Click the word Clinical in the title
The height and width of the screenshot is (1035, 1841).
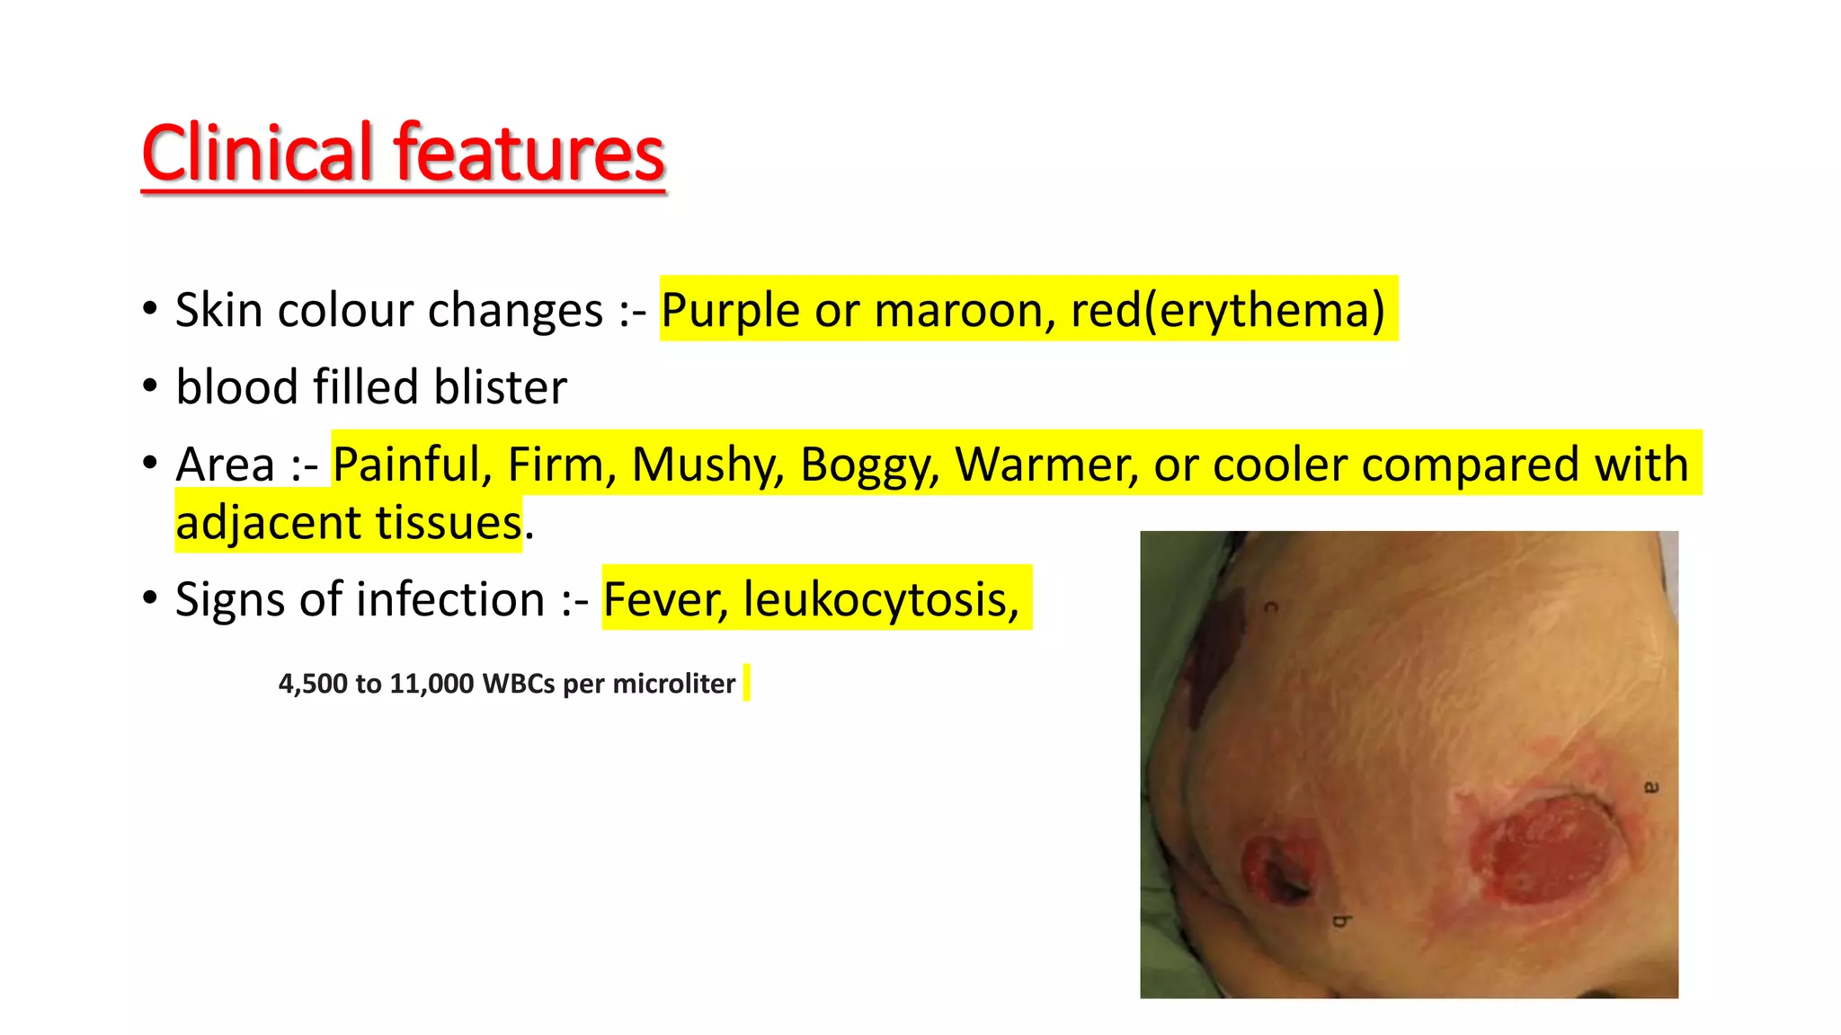(x=257, y=153)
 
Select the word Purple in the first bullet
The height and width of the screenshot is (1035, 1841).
(x=730, y=311)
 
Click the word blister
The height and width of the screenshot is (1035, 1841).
(x=500, y=387)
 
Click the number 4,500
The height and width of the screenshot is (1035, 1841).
(x=313, y=684)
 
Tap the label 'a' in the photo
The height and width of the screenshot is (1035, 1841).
(x=1651, y=787)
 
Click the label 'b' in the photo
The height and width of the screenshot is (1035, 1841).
(x=1341, y=921)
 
